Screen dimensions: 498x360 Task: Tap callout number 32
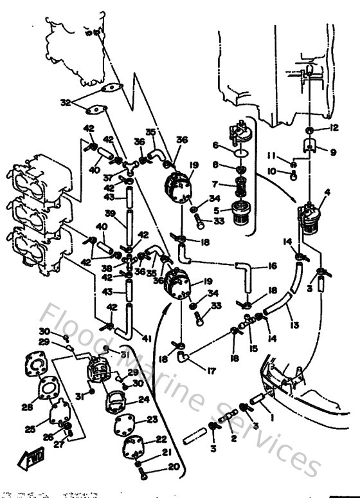(65, 102)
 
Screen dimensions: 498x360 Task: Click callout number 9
(333, 152)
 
